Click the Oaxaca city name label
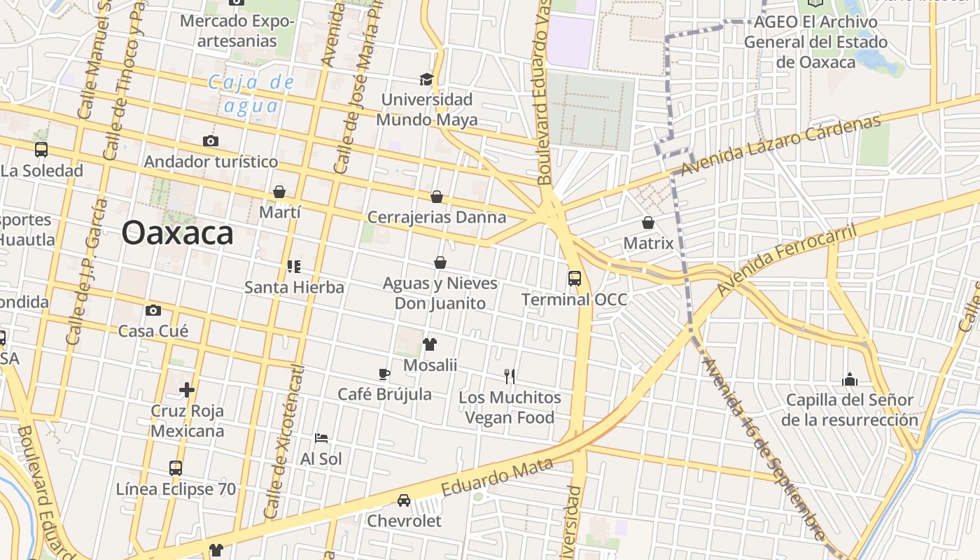pyautogui.click(x=177, y=232)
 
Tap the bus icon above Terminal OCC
pyautogui.click(x=575, y=279)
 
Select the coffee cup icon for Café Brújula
pyautogui.click(x=384, y=374)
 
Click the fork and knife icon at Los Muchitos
pyautogui.click(x=510, y=377)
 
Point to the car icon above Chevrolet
pyautogui.click(x=404, y=500)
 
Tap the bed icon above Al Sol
pyautogui.click(x=321, y=438)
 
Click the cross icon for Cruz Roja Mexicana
pyautogui.click(x=187, y=389)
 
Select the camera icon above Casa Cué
pyautogui.click(x=153, y=310)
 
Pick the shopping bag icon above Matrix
pyautogui.click(x=648, y=223)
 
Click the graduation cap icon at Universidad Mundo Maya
pyautogui.click(x=426, y=79)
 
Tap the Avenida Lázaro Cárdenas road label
pyautogui.click(x=780, y=146)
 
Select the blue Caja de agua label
pyautogui.click(x=251, y=94)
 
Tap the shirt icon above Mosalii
pyautogui.click(x=430, y=344)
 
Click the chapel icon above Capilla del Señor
pyautogui.click(x=850, y=379)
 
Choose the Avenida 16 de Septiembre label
pyautogui.click(x=762, y=448)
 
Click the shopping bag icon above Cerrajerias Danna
pyautogui.click(x=437, y=197)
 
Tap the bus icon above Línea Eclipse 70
pyautogui.click(x=176, y=468)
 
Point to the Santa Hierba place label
pyautogui.click(x=294, y=287)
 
